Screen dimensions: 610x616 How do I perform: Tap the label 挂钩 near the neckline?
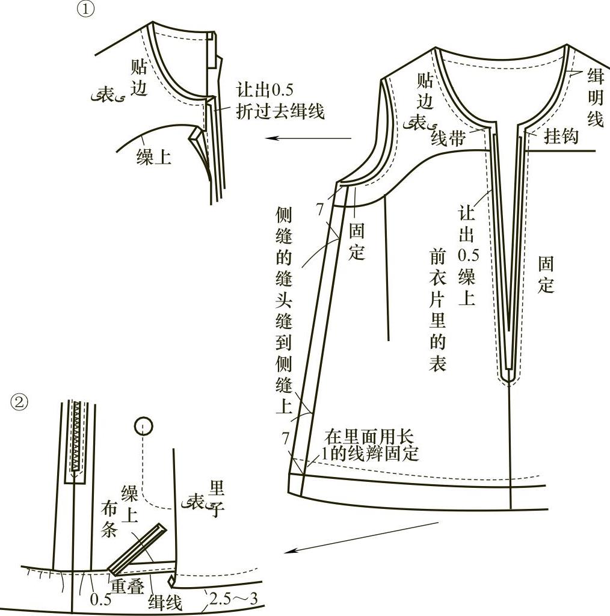(561, 137)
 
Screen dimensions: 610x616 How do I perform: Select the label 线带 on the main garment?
(448, 139)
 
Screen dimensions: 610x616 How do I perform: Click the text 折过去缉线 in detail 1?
(280, 111)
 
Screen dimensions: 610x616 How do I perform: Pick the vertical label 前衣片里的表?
(437, 310)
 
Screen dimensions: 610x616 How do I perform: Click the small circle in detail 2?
(143, 426)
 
